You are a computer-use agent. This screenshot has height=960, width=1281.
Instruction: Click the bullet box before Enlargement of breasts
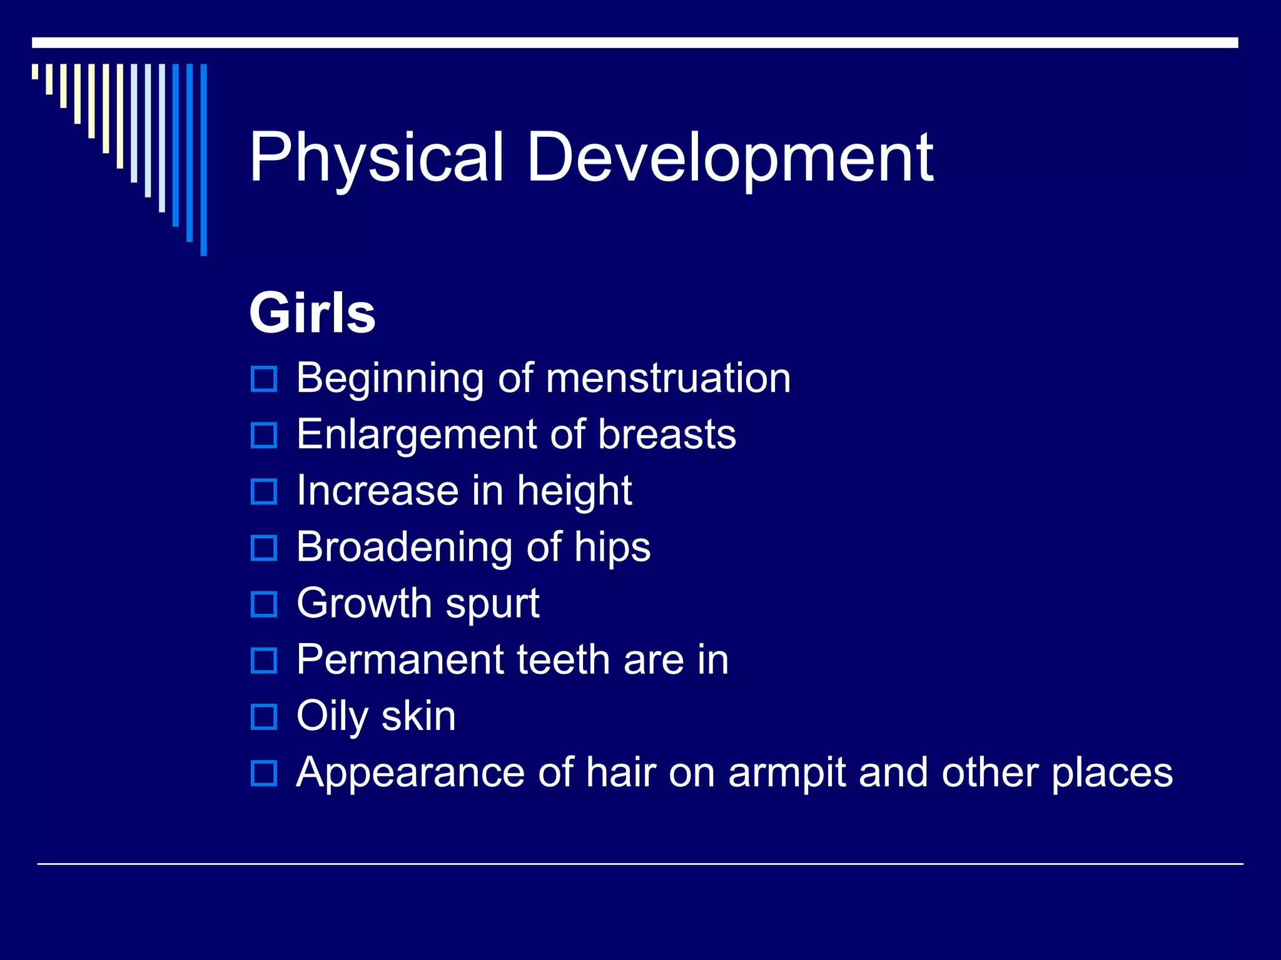[263, 435]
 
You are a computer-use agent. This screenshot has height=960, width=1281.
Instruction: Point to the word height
[574, 491]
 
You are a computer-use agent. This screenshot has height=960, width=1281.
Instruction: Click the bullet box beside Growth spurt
[263, 604]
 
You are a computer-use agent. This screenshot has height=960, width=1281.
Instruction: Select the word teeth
[562, 660]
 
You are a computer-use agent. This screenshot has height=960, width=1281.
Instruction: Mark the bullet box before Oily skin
[263, 717]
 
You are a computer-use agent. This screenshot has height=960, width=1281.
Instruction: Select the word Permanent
[400, 660]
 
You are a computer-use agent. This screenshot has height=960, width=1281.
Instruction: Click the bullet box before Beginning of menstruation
[263, 379]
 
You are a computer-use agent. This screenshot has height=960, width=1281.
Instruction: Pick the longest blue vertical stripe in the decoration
[203, 159]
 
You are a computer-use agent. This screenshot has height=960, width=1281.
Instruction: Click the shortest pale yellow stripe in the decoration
[35, 71]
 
